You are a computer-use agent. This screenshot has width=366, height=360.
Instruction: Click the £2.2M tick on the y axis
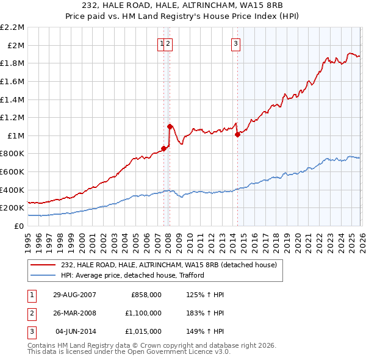coord(12,27)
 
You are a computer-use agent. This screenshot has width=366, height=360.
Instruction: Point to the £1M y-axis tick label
coord(15,135)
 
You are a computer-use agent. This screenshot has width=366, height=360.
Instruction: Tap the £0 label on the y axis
coord(18,226)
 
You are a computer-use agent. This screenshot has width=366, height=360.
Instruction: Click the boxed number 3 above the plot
coord(235,43)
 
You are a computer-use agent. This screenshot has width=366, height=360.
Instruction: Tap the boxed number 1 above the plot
coord(162,43)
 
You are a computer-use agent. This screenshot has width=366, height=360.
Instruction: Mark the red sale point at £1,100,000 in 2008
coord(169,126)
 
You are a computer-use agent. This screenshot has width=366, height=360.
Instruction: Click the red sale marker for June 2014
coord(237,134)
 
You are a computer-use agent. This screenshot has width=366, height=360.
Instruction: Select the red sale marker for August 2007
coord(163,148)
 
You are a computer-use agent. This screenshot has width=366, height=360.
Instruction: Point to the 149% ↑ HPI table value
coord(207,331)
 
